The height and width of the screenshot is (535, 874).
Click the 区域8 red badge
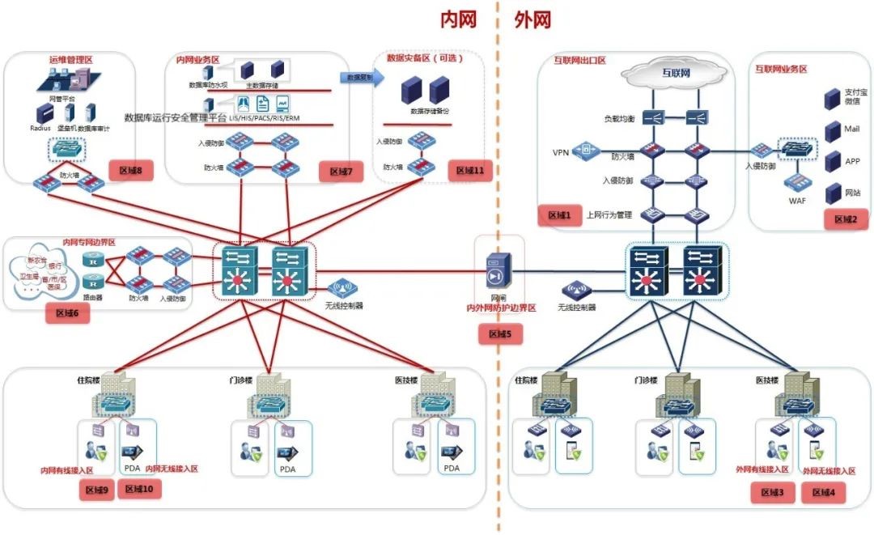coord(130,171)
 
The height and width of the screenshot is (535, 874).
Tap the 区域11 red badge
coord(469,171)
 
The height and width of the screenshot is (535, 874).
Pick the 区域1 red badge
coord(559,215)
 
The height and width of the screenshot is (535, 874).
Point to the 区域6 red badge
coord(67,313)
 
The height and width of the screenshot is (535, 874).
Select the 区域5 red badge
coord(500,333)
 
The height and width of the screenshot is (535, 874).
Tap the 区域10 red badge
coord(140,489)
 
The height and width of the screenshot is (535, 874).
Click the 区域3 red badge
coord(772,492)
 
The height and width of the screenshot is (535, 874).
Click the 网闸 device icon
coord(496,273)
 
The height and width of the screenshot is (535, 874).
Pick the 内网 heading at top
coord(458,20)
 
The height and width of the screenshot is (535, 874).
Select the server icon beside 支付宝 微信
coord(831,99)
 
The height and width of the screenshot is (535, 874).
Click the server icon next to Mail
coord(831,130)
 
